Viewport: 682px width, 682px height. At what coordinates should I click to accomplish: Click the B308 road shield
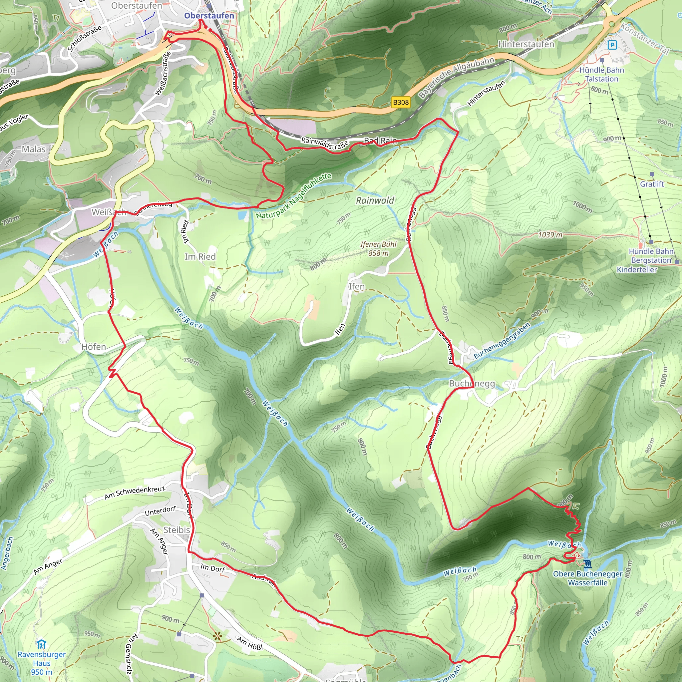pos(401,102)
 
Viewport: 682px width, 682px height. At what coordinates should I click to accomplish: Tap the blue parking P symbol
pos(612,45)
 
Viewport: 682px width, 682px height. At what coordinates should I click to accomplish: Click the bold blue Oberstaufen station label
pos(209,16)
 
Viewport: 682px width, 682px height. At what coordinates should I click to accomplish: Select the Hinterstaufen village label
pos(526,45)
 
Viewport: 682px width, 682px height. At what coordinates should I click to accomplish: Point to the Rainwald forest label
pos(375,200)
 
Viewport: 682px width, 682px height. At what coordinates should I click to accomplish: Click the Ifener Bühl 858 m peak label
pos(378,248)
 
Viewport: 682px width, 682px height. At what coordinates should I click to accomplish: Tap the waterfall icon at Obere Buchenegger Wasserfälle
pos(587,564)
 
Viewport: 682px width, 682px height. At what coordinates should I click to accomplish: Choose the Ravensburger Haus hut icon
pos(42,644)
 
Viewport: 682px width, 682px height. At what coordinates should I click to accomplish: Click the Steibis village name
pos(177,530)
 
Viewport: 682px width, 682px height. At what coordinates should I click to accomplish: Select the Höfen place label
pos(94,347)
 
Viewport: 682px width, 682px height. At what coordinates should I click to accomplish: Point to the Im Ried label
pos(200,257)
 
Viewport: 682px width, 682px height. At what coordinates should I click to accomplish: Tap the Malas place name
pos(34,149)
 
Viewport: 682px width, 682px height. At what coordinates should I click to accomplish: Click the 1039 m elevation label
pos(550,235)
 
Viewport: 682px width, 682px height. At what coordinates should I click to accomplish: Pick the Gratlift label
pos(652,184)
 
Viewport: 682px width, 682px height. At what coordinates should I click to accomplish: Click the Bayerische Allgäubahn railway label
pos(456,77)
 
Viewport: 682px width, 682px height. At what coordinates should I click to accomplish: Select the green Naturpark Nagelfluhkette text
pos(294,196)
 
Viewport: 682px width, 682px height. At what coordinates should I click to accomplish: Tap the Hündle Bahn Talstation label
pos(601,75)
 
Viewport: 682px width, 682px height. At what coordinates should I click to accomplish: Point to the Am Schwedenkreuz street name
pos(135,493)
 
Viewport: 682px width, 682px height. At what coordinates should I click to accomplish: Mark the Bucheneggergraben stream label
pos(502,341)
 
